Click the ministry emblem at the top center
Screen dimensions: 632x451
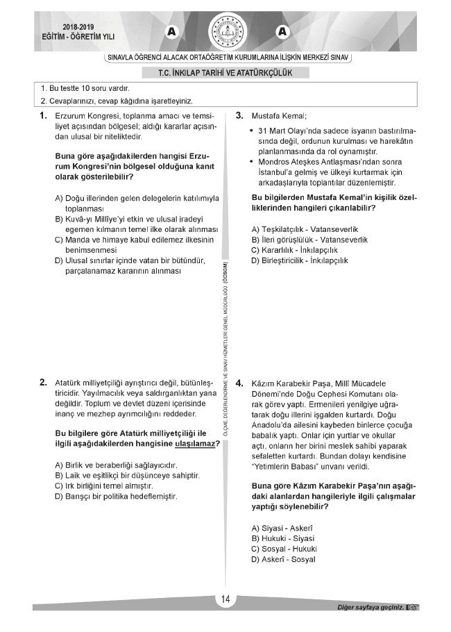tap(226, 31)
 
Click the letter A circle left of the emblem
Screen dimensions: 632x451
tap(171, 31)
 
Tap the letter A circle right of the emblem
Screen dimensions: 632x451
tap(282, 31)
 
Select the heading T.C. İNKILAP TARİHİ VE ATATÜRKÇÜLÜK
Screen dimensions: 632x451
tap(226, 72)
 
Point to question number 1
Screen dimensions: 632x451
tap(43, 115)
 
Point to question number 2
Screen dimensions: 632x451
tap(43, 382)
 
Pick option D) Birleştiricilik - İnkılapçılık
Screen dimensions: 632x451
tap(300, 260)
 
